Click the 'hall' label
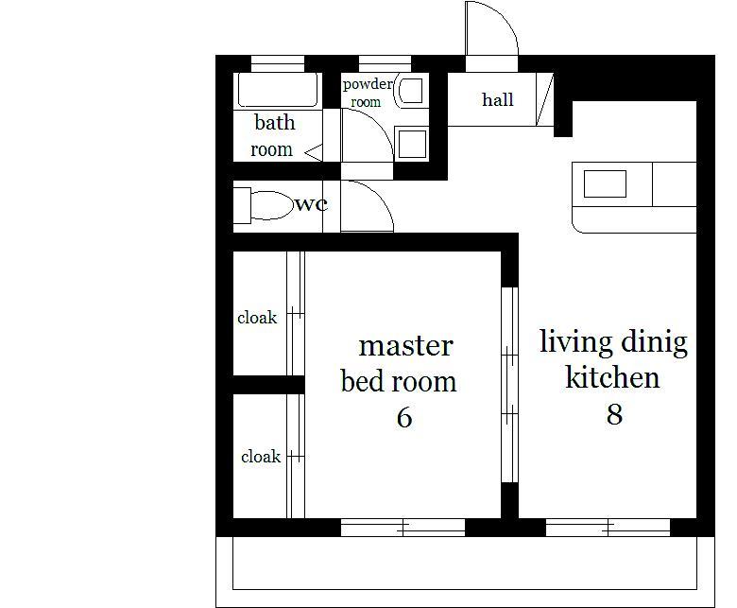(x=497, y=99)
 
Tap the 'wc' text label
(x=311, y=204)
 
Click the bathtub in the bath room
(x=278, y=90)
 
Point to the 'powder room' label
(x=368, y=93)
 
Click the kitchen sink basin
(x=605, y=183)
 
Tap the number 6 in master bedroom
(x=404, y=417)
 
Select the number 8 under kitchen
(x=614, y=414)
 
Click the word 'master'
(x=405, y=346)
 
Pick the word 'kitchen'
(x=612, y=376)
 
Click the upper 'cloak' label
(x=257, y=318)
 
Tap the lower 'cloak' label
(x=261, y=456)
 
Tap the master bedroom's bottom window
(x=403, y=528)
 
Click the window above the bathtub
(x=278, y=63)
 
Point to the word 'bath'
(x=275, y=122)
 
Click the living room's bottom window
(x=608, y=528)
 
